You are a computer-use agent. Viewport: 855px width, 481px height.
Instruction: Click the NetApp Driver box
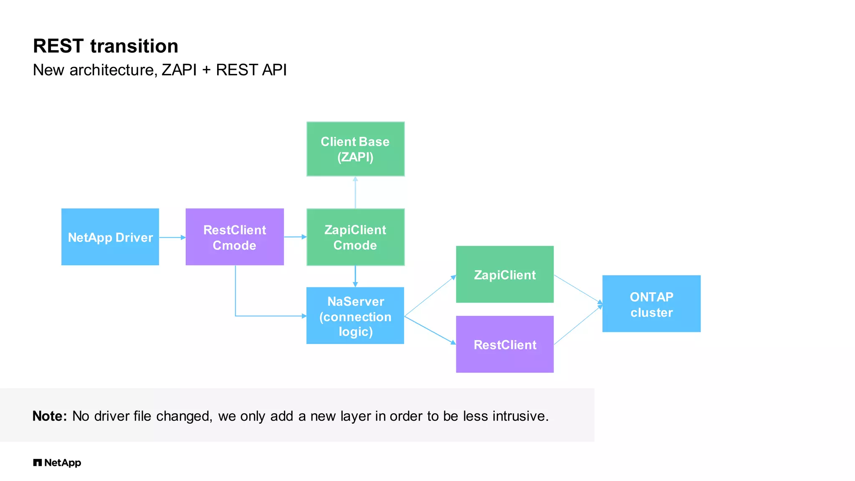pyautogui.click(x=110, y=237)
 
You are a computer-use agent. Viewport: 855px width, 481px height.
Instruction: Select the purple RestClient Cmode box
pyautogui.click(x=235, y=237)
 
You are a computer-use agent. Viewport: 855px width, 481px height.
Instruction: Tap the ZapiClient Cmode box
pyautogui.click(x=355, y=237)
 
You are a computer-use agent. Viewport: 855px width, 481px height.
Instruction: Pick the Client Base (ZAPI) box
pyautogui.click(x=355, y=149)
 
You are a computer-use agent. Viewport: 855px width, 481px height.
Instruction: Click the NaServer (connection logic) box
pyautogui.click(x=355, y=316)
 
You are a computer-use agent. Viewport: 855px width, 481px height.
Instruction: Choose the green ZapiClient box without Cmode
pyautogui.click(x=505, y=274)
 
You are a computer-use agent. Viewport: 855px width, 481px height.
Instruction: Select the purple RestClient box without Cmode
pyautogui.click(x=505, y=344)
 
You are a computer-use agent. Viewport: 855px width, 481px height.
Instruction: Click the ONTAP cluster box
pyautogui.click(x=651, y=304)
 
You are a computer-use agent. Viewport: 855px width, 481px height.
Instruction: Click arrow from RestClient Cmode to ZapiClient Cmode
pyautogui.click(x=295, y=237)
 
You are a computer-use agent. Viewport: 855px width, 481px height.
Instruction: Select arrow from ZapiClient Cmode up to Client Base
pyautogui.click(x=355, y=192)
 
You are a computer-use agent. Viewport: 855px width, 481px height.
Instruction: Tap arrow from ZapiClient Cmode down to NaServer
pyautogui.click(x=355, y=276)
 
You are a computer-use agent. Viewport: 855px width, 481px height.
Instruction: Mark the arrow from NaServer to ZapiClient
pyautogui.click(x=430, y=296)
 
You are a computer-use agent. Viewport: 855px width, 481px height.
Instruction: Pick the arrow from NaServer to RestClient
pyautogui.click(x=430, y=330)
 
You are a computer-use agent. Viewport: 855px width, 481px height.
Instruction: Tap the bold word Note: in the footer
pyautogui.click(x=50, y=416)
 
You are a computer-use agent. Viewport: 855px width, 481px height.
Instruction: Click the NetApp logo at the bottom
pyautogui.click(x=57, y=463)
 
